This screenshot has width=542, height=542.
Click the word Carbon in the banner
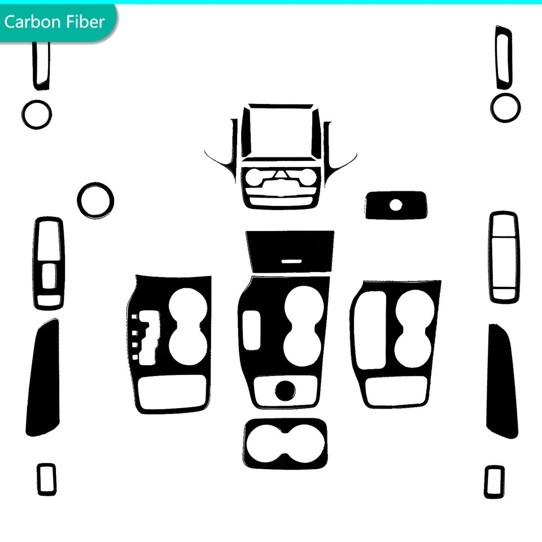coord(33,22)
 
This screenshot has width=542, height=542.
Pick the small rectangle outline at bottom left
coord(38,479)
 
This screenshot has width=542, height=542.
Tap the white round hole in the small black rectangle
coord(396,206)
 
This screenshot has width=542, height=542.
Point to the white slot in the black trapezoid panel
coord(291,261)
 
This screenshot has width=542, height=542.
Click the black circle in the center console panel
coord(285,390)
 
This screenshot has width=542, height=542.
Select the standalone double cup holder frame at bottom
coord(246,444)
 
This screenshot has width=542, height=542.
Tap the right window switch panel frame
coord(491,257)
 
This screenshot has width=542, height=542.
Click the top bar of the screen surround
coord(281,106)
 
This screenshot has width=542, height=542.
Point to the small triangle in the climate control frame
coord(281,174)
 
